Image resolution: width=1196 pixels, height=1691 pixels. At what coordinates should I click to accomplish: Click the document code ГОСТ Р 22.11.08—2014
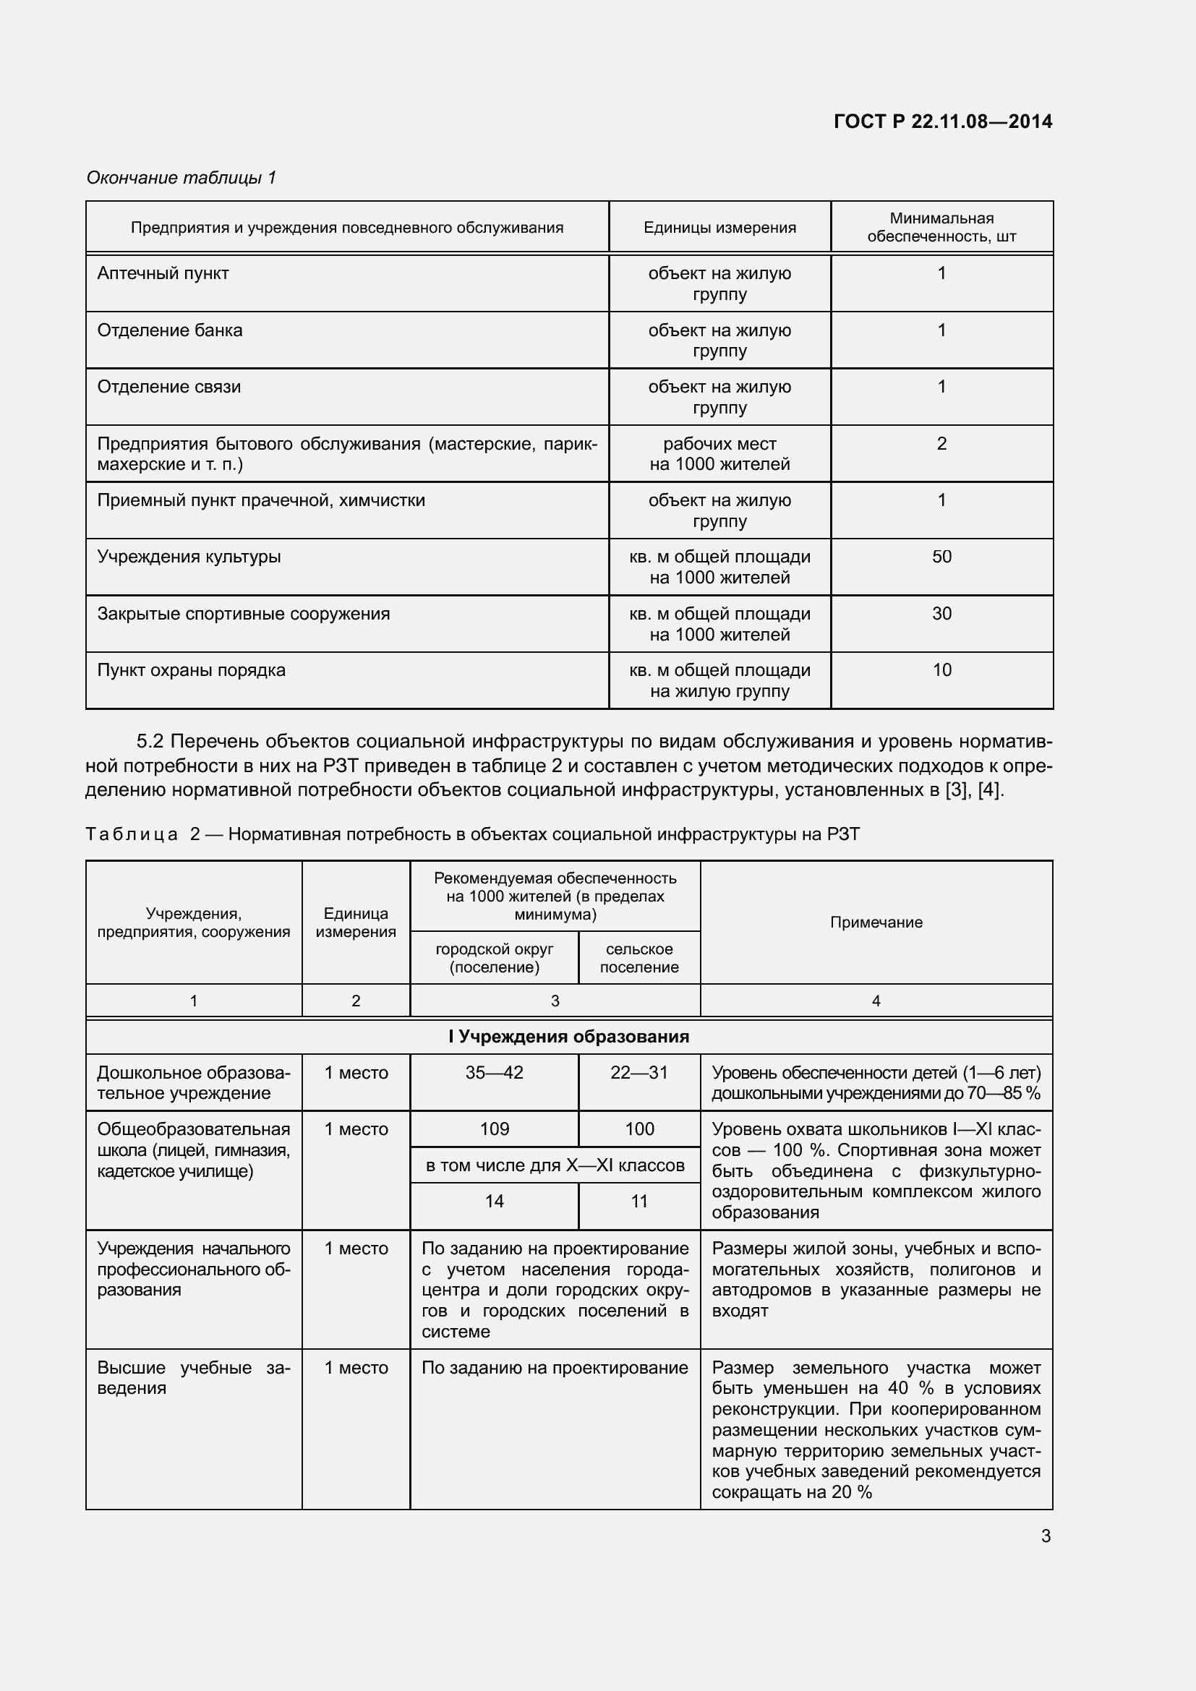[943, 121]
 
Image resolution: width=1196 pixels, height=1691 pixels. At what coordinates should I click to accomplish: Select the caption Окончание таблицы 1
[181, 178]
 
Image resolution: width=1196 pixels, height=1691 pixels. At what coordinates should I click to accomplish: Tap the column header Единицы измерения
[719, 228]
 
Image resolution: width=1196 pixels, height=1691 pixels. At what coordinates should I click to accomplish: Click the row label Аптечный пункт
[163, 273]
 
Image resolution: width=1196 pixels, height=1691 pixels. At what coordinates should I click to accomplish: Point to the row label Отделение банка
[169, 330]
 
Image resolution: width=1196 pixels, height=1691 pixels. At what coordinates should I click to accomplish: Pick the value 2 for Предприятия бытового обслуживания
[941, 443]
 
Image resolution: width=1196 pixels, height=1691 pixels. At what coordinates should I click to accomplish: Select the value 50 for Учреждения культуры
[941, 557]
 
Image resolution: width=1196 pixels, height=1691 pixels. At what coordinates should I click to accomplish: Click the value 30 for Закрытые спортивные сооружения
[941, 614]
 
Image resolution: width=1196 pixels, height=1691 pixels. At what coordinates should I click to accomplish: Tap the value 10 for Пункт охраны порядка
[941, 670]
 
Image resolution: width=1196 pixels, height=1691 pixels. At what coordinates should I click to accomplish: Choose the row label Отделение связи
[168, 387]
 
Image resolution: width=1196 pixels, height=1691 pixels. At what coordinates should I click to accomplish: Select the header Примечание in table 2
[876, 922]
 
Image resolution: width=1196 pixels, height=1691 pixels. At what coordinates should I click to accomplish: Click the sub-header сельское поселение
[638, 957]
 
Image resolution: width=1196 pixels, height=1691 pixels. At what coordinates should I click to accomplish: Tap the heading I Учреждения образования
[568, 1036]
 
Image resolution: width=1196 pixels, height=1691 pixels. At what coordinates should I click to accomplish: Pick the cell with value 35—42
[494, 1072]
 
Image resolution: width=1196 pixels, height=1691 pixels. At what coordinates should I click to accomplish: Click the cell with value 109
[494, 1129]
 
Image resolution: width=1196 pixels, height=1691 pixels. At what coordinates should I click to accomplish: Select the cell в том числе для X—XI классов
[555, 1165]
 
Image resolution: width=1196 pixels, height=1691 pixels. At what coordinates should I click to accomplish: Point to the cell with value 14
[494, 1202]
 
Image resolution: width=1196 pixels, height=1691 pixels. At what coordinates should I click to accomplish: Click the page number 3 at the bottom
[1045, 1536]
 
